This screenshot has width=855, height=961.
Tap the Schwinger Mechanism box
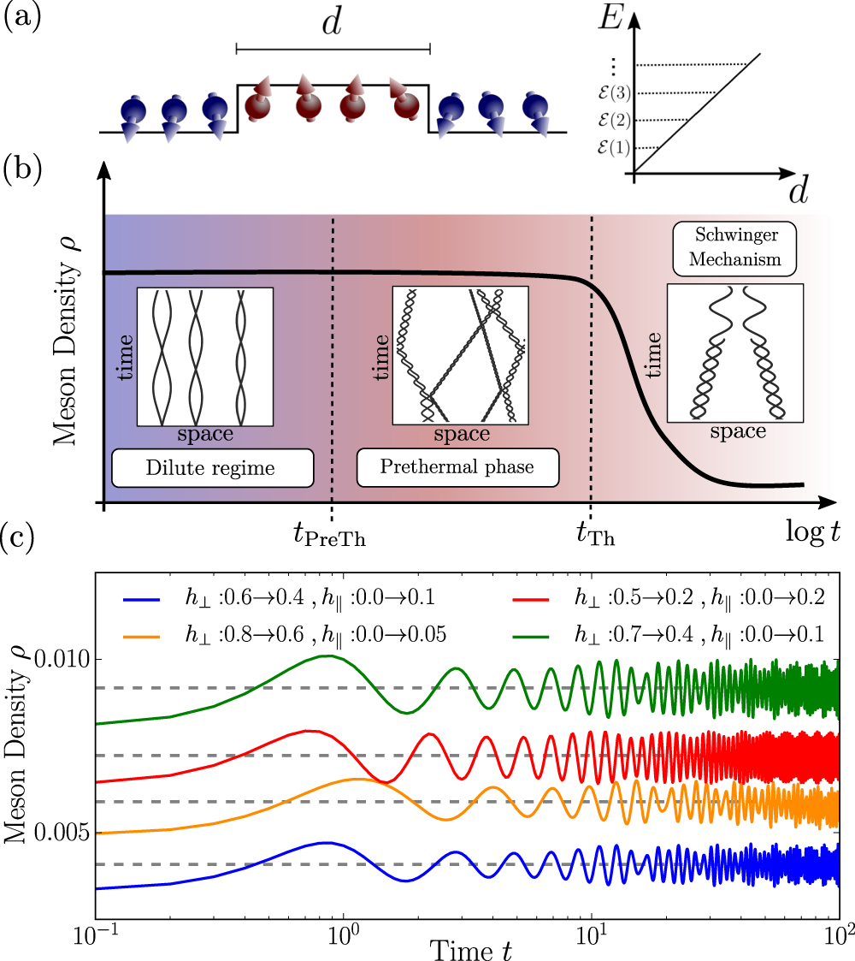coord(734,249)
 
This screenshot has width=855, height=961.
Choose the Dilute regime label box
coord(211,468)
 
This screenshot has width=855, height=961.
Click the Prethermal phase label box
coord(457,468)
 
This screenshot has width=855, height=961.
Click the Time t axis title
coord(470,948)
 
